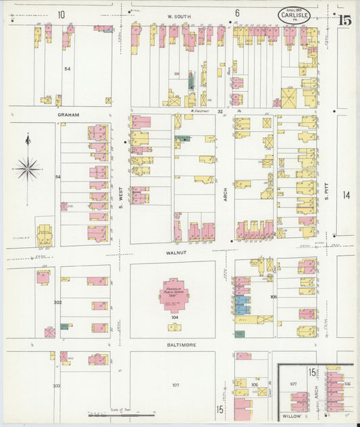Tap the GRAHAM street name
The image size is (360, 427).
[x=68, y=115]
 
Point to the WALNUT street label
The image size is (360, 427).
[x=175, y=253]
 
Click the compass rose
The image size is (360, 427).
[x=28, y=168]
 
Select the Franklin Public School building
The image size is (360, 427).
[x=174, y=295]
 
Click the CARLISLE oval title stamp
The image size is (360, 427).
[x=295, y=15]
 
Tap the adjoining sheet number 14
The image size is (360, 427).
[x=346, y=195]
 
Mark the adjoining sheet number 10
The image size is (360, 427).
[x=61, y=14]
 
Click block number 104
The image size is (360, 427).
[x=174, y=316]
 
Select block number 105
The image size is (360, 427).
[x=274, y=297]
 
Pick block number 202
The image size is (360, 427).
[x=57, y=302]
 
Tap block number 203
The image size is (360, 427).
[x=57, y=386]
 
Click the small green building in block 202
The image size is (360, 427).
[x=64, y=326]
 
